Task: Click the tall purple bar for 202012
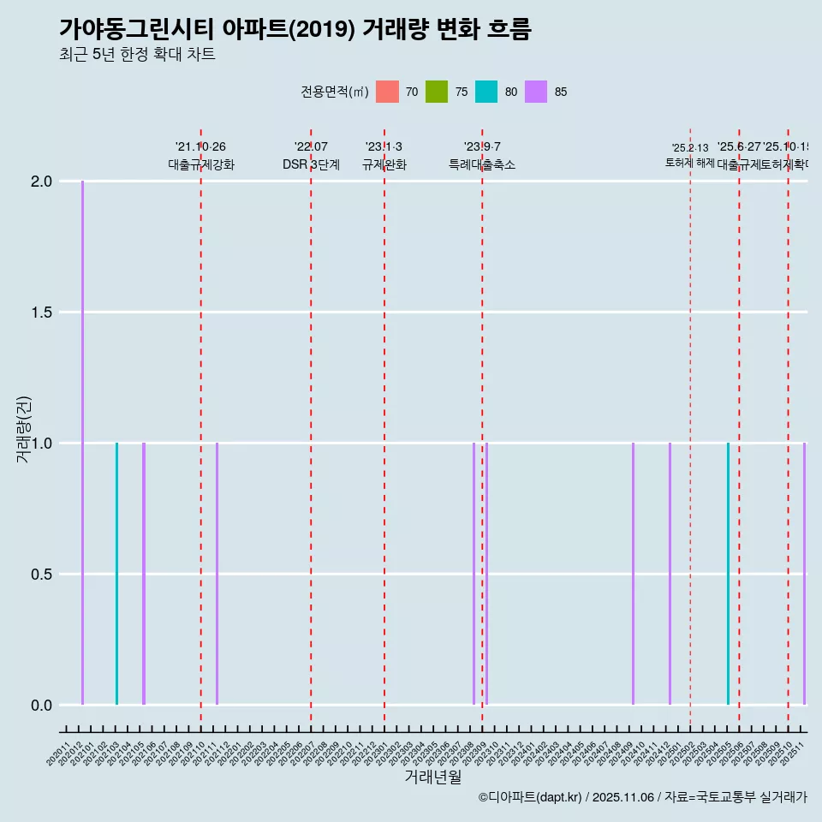(83, 443)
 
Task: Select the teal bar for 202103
(116, 574)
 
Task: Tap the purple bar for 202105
(144, 574)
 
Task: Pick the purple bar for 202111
(217, 574)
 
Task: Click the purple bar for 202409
(633, 574)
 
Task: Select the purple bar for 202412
(670, 574)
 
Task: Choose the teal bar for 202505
(728, 574)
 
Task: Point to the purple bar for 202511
(804, 574)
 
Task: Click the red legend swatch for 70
(388, 92)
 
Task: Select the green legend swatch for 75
(437, 92)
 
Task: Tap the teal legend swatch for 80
(486, 92)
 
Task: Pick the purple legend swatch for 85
(536, 92)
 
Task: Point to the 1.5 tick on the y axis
(40, 313)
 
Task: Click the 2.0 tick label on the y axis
(40, 182)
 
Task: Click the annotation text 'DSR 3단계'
(311, 165)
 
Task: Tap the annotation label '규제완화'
(384, 165)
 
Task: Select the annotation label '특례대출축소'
(482, 165)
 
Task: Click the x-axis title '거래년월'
(432, 777)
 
